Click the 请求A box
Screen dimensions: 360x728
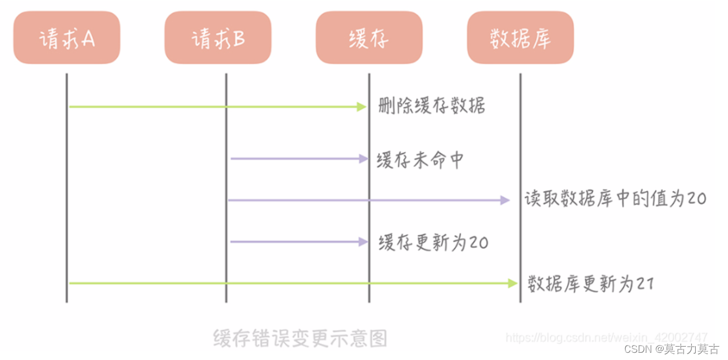(67, 38)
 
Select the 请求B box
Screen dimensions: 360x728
(218, 38)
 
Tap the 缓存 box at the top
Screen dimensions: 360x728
(369, 38)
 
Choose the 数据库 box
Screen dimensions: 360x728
(520, 38)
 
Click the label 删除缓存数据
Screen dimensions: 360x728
(431, 106)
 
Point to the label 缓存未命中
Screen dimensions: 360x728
(420, 159)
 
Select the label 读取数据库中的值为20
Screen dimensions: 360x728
(615, 199)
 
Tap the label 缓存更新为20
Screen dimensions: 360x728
(433, 242)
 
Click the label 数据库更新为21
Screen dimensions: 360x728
(590, 284)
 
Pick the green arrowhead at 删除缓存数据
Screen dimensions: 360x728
(362, 107)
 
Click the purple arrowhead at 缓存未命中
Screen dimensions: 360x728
(363, 159)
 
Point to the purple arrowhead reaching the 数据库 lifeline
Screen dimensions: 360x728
(505, 200)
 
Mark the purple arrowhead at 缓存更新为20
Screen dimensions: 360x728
(363, 242)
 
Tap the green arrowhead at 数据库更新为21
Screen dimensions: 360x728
(513, 283)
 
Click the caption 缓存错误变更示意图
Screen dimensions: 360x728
(300, 338)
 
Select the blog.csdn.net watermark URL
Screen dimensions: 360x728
(606, 337)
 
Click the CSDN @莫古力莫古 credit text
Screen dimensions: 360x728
(671, 349)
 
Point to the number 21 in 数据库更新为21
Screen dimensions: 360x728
(645, 284)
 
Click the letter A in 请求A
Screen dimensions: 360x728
(88, 39)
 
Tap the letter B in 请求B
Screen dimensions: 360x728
(239, 39)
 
